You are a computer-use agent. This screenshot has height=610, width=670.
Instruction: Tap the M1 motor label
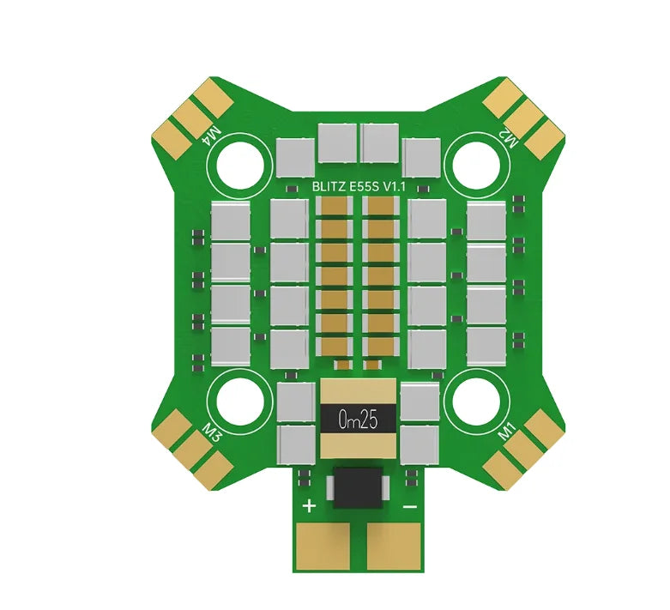pos(508,433)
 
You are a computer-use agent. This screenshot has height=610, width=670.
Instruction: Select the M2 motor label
pos(508,141)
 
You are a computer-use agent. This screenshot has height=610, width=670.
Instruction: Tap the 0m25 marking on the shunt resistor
pos(359,420)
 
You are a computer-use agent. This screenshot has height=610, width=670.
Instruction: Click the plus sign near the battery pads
pos(309,505)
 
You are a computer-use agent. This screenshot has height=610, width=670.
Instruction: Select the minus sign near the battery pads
pos(409,506)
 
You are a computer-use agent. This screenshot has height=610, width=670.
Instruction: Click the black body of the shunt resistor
pos(359,420)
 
